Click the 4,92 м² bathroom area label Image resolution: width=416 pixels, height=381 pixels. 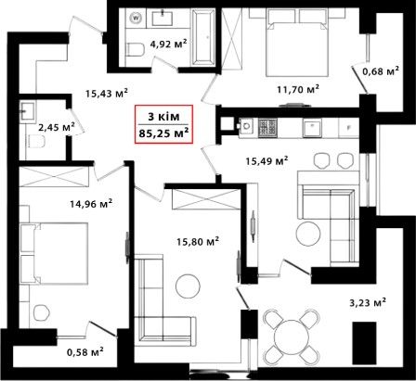tap(168, 44)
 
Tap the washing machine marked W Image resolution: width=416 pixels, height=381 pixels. tap(136, 18)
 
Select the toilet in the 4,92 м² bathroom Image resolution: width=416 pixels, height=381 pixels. tap(136, 50)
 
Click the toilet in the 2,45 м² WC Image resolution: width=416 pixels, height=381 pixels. tap(36, 142)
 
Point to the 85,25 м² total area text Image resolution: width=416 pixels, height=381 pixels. tap(163, 133)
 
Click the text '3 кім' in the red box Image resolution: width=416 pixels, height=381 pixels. tap(163, 117)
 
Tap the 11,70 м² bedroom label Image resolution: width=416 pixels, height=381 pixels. tap(298, 90)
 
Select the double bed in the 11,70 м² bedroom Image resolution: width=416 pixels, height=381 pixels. tap(297, 43)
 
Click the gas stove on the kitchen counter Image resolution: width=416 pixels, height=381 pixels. tap(267, 128)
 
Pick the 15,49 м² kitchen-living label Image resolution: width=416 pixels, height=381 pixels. tap(266, 160)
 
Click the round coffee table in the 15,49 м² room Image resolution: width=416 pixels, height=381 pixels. tap(308, 234)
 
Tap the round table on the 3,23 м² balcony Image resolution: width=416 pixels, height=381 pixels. tap(291, 335)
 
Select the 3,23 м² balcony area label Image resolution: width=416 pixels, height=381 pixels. tap(368, 302)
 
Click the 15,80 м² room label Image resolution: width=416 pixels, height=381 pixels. tap(198, 241)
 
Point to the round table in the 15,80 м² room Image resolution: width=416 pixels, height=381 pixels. tap(188, 286)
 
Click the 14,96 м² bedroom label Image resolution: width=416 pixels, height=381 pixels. tap(91, 204)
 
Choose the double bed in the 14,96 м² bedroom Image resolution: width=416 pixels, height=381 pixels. tap(54, 253)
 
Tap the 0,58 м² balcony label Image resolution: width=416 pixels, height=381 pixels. tap(85, 352)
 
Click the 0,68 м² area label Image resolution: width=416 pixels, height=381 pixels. tap(381, 71)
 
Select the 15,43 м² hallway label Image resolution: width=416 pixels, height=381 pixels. tap(107, 93)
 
